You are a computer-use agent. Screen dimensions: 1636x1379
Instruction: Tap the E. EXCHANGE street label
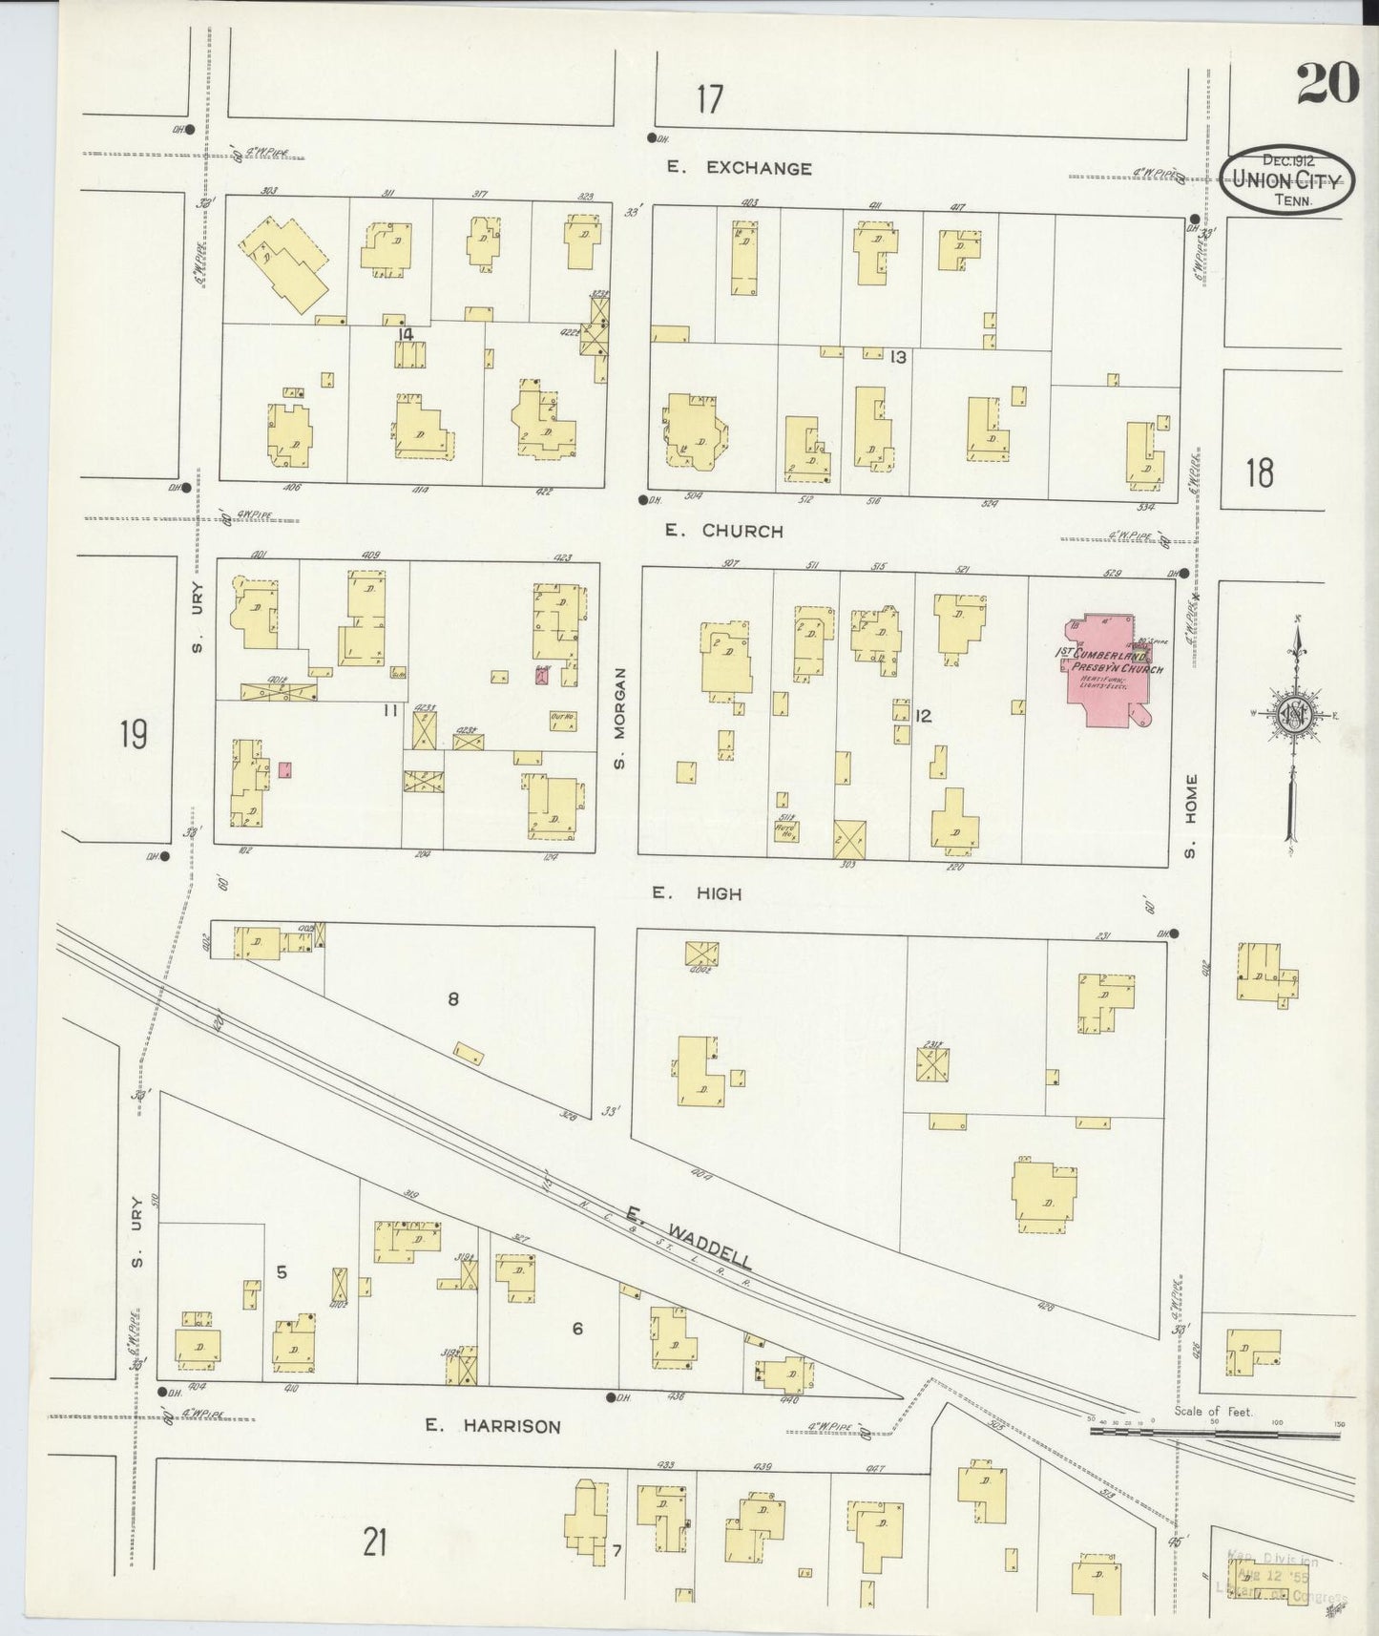pyautogui.click(x=740, y=168)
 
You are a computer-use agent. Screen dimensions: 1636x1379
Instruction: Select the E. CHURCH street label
pyautogui.click(x=724, y=531)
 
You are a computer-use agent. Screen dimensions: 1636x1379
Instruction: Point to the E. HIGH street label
pyautogui.click(x=697, y=893)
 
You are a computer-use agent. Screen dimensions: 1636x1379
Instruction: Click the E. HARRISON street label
pyautogui.click(x=492, y=1426)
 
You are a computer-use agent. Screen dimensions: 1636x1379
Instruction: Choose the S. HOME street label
pyautogui.click(x=1190, y=815)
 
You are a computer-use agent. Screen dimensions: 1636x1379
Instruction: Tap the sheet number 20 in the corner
pyautogui.click(x=1327, y=85)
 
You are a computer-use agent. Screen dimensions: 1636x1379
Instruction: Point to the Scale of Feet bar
pyautogui.click(x=1222, y=1431)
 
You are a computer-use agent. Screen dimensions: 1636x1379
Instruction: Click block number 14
pyautogui.click(x=406, y=334)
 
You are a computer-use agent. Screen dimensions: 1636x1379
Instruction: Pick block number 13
pyautogui.click(x=897, y=357)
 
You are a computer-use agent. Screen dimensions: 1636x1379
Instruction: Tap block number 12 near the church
pyautogui.click(x=922, y=715)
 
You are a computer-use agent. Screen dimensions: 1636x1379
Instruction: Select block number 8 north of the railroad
pyautogui.click(x=453, y=999)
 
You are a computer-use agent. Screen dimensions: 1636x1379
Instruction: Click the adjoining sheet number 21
pyautogui.click(x=374, y=1542)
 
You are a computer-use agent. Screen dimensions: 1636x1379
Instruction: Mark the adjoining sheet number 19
pyautogui.click(x=134, y=735)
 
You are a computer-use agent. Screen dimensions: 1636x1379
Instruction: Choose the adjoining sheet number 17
pyautogui.click(x=709, y=99)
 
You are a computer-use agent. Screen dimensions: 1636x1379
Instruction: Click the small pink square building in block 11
pyautogui.click(x=284, y=769)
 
